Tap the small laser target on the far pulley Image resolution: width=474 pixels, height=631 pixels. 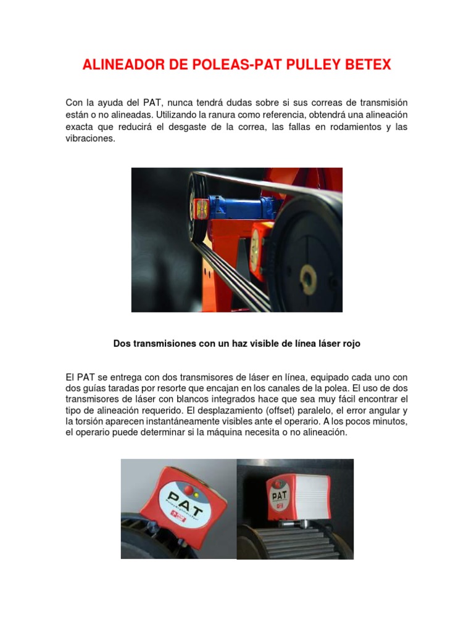coord(201,210)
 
